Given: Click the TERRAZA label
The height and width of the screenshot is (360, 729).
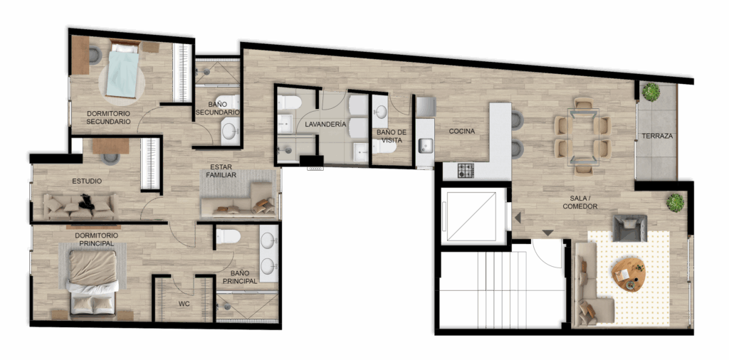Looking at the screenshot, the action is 657,136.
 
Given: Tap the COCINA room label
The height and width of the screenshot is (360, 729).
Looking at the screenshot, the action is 461,132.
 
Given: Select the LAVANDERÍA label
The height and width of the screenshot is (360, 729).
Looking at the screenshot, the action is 325,125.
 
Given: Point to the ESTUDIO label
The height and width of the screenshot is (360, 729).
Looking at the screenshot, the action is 87,181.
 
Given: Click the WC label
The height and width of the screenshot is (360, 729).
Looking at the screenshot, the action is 184,305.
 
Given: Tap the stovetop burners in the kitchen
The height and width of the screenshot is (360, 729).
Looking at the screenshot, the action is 466,171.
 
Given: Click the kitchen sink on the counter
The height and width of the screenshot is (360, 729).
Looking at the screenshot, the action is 426,145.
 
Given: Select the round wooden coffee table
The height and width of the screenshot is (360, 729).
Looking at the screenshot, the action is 629,274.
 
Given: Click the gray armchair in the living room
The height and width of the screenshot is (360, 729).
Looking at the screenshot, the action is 629,228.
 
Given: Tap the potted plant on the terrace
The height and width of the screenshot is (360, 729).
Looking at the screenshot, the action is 651,92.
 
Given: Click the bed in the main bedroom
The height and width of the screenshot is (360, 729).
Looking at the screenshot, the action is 93,282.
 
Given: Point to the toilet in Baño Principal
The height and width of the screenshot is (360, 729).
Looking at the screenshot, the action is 228,236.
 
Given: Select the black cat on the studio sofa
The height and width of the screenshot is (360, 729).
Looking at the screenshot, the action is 87,202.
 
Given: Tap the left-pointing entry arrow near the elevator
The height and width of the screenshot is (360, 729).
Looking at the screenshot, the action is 517,217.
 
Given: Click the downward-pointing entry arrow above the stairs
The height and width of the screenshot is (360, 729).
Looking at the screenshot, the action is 548,233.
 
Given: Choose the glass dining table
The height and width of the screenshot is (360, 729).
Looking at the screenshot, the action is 583,137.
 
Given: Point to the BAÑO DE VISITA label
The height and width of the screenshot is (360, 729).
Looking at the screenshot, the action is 392,136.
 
